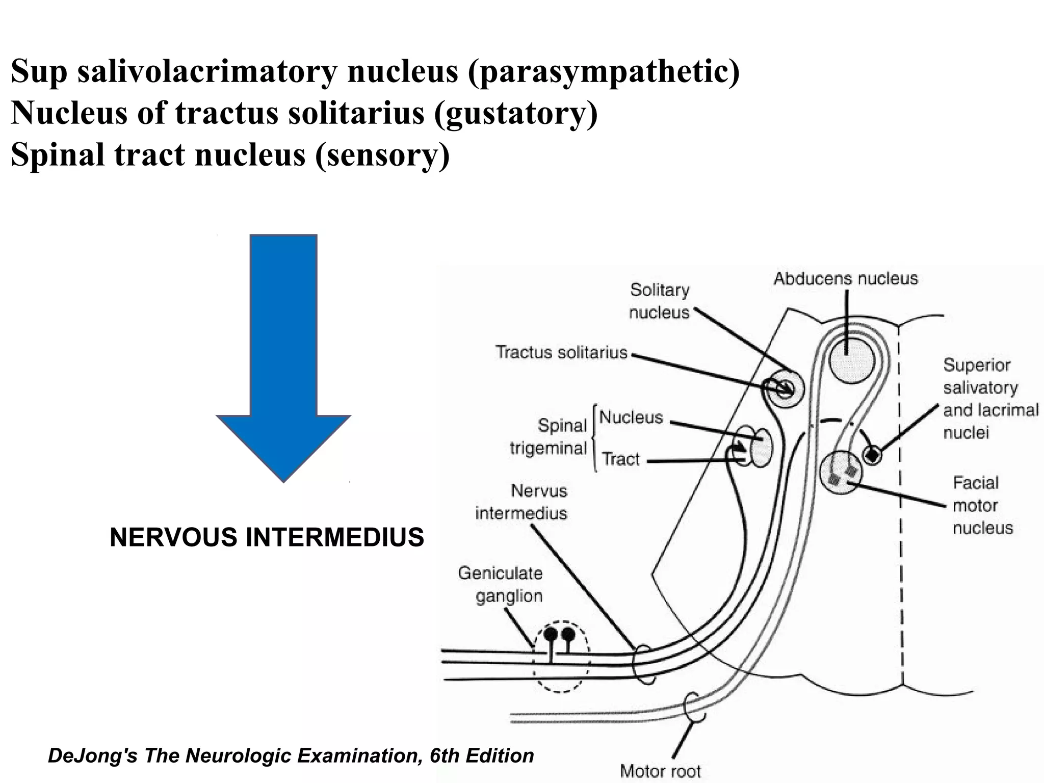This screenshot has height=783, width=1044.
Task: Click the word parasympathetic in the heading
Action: (x=604, y=71)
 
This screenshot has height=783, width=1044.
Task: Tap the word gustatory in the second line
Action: (x=515, y=113)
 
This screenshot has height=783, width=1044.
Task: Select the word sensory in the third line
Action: (x=382, y=154)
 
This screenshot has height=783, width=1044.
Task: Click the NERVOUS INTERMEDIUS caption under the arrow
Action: (x=267, y=537)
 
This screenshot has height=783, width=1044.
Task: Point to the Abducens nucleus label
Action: (x=846, y=278)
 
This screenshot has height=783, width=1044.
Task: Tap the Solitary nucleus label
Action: (x=660, y=301)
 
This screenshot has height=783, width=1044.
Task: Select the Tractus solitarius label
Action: (x=561, y=352)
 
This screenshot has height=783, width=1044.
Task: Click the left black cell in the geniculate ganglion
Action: (x=551, y=634)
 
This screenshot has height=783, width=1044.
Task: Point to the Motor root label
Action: (x=660, y=771)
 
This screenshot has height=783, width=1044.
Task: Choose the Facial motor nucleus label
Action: (x=982, y=505)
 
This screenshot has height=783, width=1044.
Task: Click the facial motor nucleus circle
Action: (x=841, y=473)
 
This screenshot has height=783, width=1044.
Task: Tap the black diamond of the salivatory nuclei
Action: (x=873, y=454)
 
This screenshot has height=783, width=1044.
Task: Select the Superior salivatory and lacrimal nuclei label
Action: (x=989, y=399)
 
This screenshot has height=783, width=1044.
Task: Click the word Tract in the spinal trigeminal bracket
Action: (x=621, y=459)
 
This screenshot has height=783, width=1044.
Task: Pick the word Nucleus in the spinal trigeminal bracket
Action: (x=631, y=417)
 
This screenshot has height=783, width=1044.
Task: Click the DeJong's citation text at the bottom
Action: (x=291, y=755)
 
